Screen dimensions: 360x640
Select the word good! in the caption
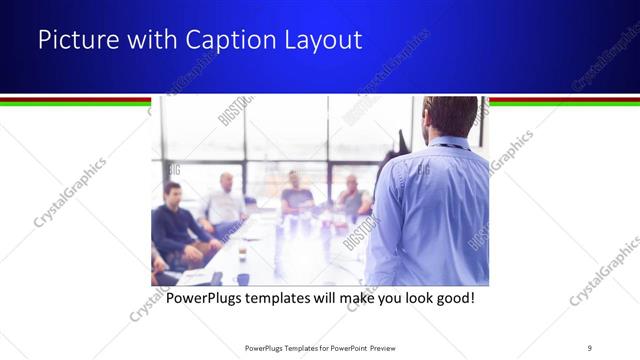pyautogui.click(x=451, y=298)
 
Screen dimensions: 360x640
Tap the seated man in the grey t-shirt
pyautogui.click(x=296, y=194)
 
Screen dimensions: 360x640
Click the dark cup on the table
pyautogui.click(x=242, y=279)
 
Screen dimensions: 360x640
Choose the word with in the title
pyautogui.click(x=143, y=41)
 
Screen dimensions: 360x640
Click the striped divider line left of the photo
pyautogui.click(x=75, y=100)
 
